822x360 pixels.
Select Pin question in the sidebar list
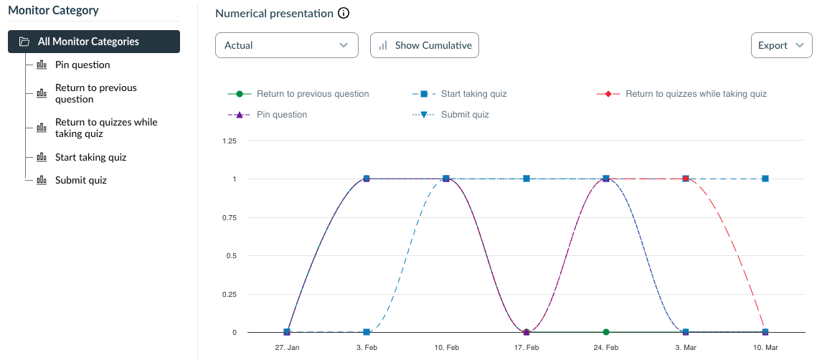pyautogui.click(x=82, y=65)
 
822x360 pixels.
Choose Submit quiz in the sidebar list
pyautogui.click(x=80, y=180)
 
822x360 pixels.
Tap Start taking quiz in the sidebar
pyautogui.click(x=90, y=157)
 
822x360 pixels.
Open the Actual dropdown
pyautogui.click(x=286, y=45)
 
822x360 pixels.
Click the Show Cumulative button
pyautogui.click(x=425, y=45)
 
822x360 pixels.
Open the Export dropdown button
pyautogui.click(x=780, y=45)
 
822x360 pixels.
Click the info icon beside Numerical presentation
pyautogui.click(x=344, y=14)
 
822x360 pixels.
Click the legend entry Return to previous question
pyautogui.click(x=313, y=94)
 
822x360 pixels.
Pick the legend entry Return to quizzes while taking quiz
pyautogui.click(x=696, y=94)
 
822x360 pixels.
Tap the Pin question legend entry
pyautogui.click(x=281, y=115)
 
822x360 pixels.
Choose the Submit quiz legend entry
pyautogui.click(x=465, y=115)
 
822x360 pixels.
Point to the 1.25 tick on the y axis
pyautogui.click(x=230, y=141)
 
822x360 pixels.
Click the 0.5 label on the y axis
pyautogui.click(x=231, y=255)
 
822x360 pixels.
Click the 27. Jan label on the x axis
pyautogui.click(x=287, y=347)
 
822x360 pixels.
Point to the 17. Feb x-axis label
pyautogui.click(x=526, y=347)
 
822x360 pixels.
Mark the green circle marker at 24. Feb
pyautogui.click(x=606, y=332)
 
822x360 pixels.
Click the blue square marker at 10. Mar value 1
pyautogui.click(x=765, y=179)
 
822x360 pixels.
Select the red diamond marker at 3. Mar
pyautogui.click(x=686, y=179)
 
